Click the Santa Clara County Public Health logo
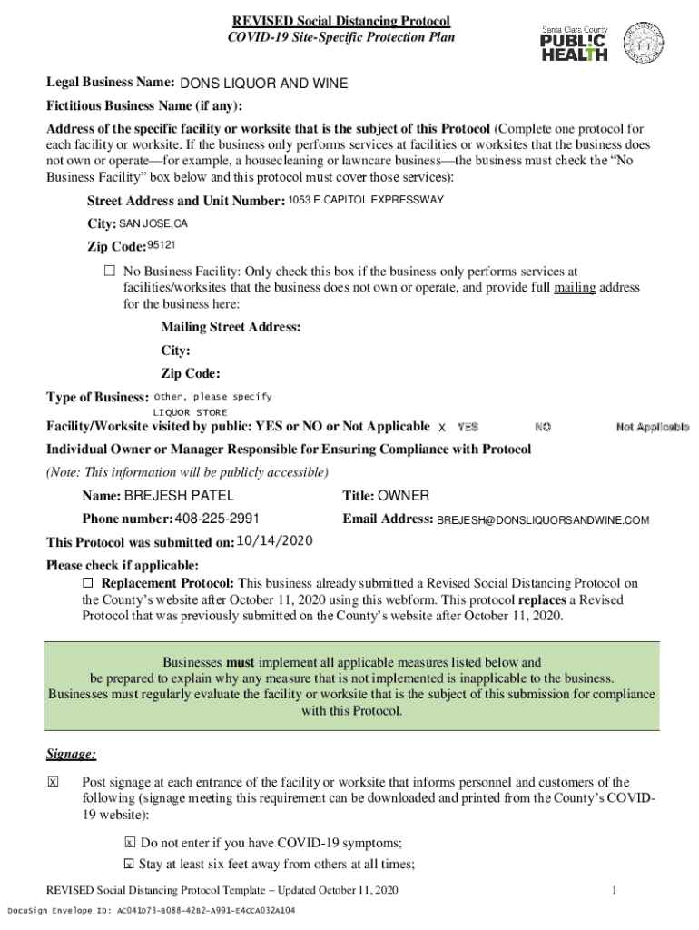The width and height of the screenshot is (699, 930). [575, 44]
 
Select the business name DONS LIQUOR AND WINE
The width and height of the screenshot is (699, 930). [263, 84]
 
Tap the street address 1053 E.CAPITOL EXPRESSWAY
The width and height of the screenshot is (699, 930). [366, 200]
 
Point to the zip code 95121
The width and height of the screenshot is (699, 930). [162, 245]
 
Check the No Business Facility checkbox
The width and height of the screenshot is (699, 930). [109, 272]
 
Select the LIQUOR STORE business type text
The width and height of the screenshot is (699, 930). [190, 412]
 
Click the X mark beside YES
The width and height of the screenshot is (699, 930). [442, 427]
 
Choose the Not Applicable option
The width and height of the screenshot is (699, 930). [652, 427]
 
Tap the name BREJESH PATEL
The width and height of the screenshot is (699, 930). [179, 496]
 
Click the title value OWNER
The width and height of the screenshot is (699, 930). [403, 496]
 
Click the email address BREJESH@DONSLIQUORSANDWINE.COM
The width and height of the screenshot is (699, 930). [543, 520]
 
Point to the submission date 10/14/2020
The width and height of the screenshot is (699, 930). [275, 541]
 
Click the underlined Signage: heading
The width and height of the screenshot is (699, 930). [71, 754]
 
